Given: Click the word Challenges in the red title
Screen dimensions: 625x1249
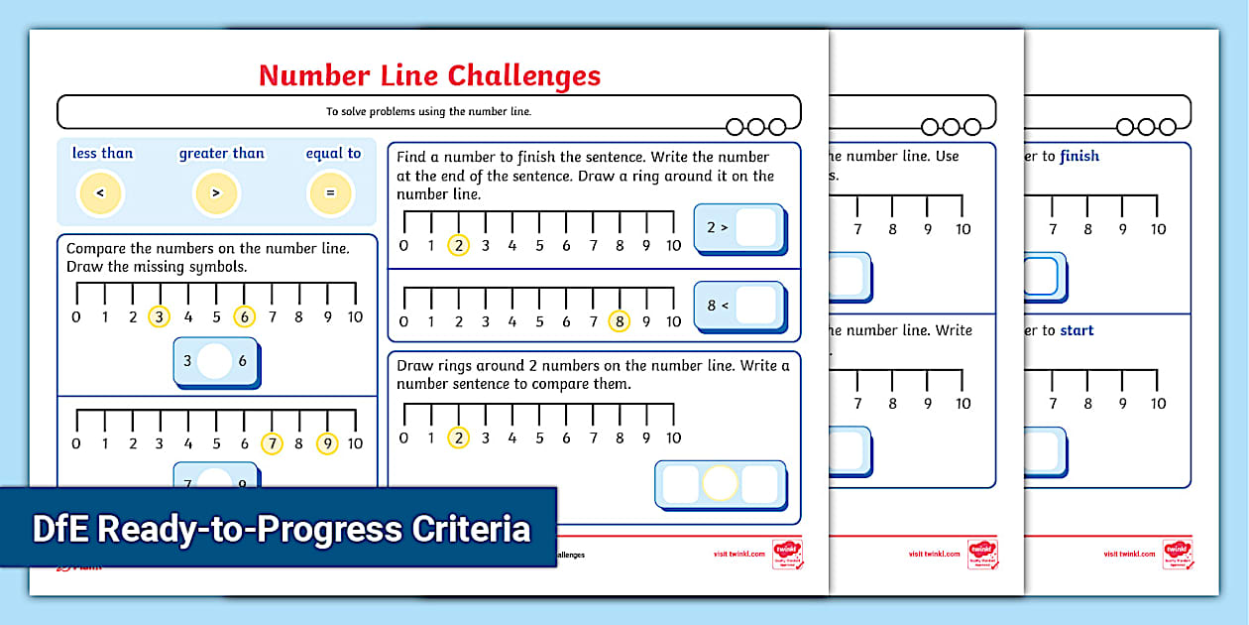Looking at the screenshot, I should click(x=524, y=75).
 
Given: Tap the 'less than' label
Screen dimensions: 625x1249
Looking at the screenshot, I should click(x=102, y=153).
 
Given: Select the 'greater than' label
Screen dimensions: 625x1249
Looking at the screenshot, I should click(x=221, y=153).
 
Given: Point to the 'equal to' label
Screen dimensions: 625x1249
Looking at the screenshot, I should click(x=333, y=153).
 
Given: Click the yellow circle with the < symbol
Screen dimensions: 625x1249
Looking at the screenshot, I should click(x=100, y=193).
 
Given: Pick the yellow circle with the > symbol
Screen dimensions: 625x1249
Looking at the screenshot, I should click(x=216, y=193).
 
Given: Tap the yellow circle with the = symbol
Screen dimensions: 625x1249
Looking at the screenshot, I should click(x=331, y=193).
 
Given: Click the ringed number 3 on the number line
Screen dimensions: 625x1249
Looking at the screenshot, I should click(x=159, y=316).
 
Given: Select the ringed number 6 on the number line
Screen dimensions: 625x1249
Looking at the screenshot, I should click(x=244, y=316).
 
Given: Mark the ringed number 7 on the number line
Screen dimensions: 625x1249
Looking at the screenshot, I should click(x=272, y=443).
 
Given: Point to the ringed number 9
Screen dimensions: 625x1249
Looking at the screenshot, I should click(x=327, y=443).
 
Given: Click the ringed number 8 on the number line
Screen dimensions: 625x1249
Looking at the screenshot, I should click(x=620, y=320).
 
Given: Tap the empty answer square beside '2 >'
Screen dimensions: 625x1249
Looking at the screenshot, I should click(x=755, y=227).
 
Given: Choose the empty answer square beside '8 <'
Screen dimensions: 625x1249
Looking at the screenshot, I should click(x=755, y=306).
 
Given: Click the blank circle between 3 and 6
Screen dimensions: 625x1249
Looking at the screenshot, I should click(x=215, y=362).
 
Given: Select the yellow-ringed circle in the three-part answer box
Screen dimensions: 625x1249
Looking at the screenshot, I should click(x=720, y=484).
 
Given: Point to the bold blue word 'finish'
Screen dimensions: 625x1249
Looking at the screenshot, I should click(x=1079, y=156).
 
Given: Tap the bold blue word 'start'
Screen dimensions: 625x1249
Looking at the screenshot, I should click(x=1077, y=330).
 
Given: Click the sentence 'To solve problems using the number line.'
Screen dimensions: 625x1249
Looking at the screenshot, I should click(x=428, y=111).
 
